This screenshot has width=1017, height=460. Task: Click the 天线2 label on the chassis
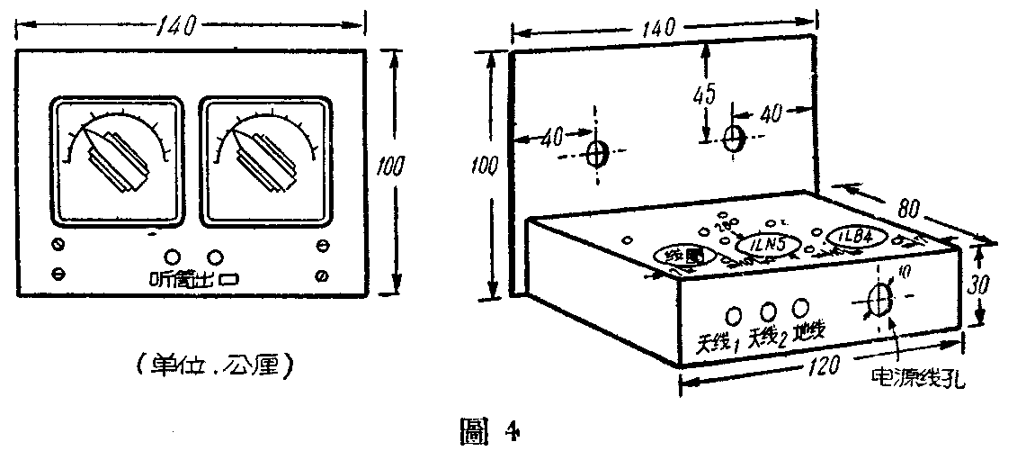click(x=767, y=339)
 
